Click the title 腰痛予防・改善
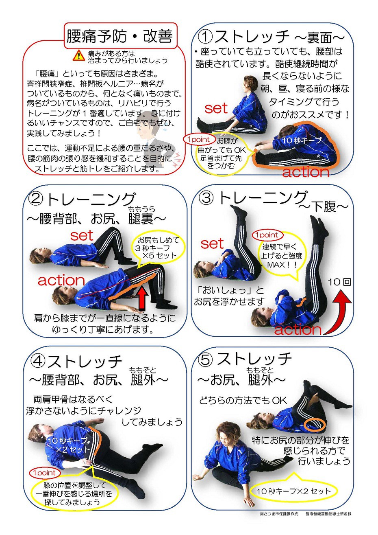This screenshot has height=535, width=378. tap(119, 37)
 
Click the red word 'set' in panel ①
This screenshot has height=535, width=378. tap(216, 108)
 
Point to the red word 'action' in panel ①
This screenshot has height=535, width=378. tap(306, 172)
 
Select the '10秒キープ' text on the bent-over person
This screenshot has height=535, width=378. tap(302, 140)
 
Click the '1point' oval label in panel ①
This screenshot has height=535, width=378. tap(198, 139)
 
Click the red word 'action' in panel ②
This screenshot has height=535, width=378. tap(61, 280)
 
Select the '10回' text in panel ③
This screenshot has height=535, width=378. tap(339, 282)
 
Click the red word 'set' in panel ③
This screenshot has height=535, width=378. tap(212, 244)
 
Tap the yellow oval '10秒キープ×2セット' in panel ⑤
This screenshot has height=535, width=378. tap(293, 491)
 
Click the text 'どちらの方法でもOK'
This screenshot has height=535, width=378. tap(243, 400)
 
